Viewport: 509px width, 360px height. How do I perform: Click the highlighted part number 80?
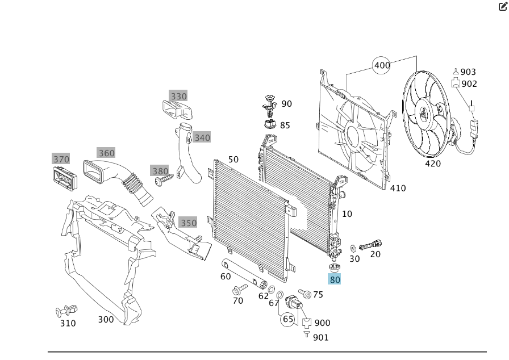(x=335, y=279)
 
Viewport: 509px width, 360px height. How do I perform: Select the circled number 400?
(x=382, y=65)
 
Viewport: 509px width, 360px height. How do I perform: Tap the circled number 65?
(x=288, y=319)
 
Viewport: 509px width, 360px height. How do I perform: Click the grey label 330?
(x=178, y=96)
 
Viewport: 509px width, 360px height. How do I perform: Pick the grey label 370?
(x=61, y=159)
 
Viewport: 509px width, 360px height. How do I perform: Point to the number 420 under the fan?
(x=433, y=164)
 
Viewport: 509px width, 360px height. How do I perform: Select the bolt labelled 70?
(x=237, y=290)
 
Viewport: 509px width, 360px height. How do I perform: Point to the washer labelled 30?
(x=353, y=248)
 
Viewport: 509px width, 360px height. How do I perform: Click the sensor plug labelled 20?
(x=369, y=244)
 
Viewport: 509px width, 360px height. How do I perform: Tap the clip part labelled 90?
(x=269, y=104)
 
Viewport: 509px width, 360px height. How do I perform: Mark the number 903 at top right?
(x=468, y=72)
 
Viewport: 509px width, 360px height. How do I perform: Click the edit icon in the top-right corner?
(x=502, y=7)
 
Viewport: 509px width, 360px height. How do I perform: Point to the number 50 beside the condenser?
(x=233, y=160)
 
